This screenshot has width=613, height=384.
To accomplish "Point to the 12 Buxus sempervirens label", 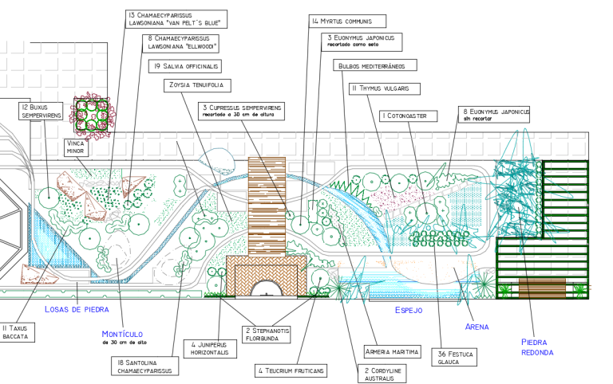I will pos(42,112).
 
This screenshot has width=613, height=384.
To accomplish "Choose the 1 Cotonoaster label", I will pos(404,116).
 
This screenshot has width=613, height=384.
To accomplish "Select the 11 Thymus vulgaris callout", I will pos(384,88).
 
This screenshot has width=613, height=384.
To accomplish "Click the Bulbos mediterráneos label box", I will pos(372,66).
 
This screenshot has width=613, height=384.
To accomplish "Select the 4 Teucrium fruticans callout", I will pos(291,371).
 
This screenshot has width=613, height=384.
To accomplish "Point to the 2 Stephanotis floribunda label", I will pos(267,335).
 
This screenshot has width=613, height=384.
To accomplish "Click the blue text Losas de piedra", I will pos(77,310).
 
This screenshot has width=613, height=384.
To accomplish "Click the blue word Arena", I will pos(477,327).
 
